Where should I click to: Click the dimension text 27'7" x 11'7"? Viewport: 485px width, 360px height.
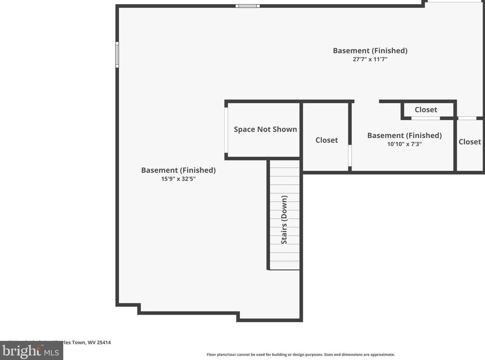[x=370, y=59]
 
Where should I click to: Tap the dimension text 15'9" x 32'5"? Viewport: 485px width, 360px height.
[x=178, y=179]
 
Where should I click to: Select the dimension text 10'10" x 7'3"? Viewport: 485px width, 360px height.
[x=405, y=144]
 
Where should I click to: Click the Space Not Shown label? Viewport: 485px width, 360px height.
[x=265, y=129]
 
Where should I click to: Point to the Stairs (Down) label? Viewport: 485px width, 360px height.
[x=284, y=219]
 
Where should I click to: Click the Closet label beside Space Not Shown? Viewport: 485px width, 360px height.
[x=327, y=140]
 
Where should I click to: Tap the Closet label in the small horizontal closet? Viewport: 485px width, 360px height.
[x=426, y=109]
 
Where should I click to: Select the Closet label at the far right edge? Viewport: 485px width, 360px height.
[x=469, y=142]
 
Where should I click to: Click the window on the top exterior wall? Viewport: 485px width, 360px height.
[x=247, y=6]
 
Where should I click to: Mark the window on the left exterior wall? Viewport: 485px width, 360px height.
[x=117, y=54]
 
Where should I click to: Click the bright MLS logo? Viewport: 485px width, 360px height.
[x=31, y=351]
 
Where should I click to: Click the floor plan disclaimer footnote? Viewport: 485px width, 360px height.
[x=300, y=355]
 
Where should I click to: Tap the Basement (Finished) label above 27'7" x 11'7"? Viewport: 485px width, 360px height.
[x=370, y=51]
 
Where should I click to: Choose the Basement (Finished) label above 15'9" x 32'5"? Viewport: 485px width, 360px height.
[x=178, y=170]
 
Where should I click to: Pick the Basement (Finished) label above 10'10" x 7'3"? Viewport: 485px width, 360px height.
[x=404, y=135]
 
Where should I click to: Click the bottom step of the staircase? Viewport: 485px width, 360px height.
[x=284, y=265]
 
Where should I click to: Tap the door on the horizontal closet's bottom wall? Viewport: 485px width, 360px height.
[x=426, y=118]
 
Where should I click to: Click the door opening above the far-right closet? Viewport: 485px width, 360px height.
[x=467, y=118]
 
